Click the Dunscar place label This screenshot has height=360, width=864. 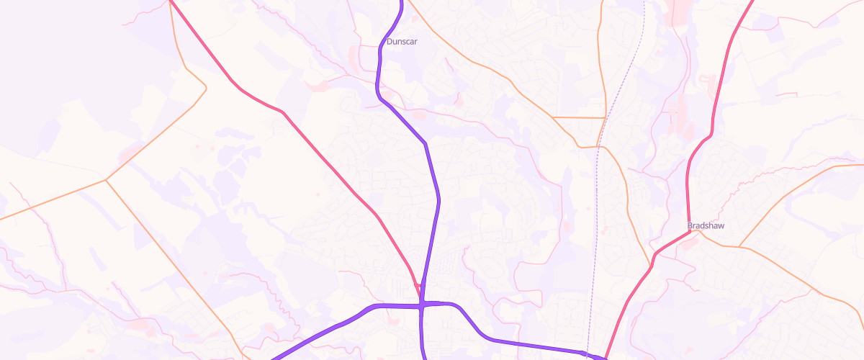click(402, 42)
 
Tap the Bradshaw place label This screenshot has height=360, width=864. click(705, 225)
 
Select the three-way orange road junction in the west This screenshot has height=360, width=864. click(107, 179)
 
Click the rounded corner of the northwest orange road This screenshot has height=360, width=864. click(205, 89)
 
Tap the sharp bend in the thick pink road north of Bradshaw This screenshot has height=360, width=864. click(711, 133)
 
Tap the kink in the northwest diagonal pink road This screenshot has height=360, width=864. click(283, 112)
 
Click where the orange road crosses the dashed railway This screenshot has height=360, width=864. click(598, 147)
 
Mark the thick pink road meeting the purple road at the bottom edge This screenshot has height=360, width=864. click(606, 356)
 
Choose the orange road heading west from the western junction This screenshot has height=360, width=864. click(50, 199)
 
